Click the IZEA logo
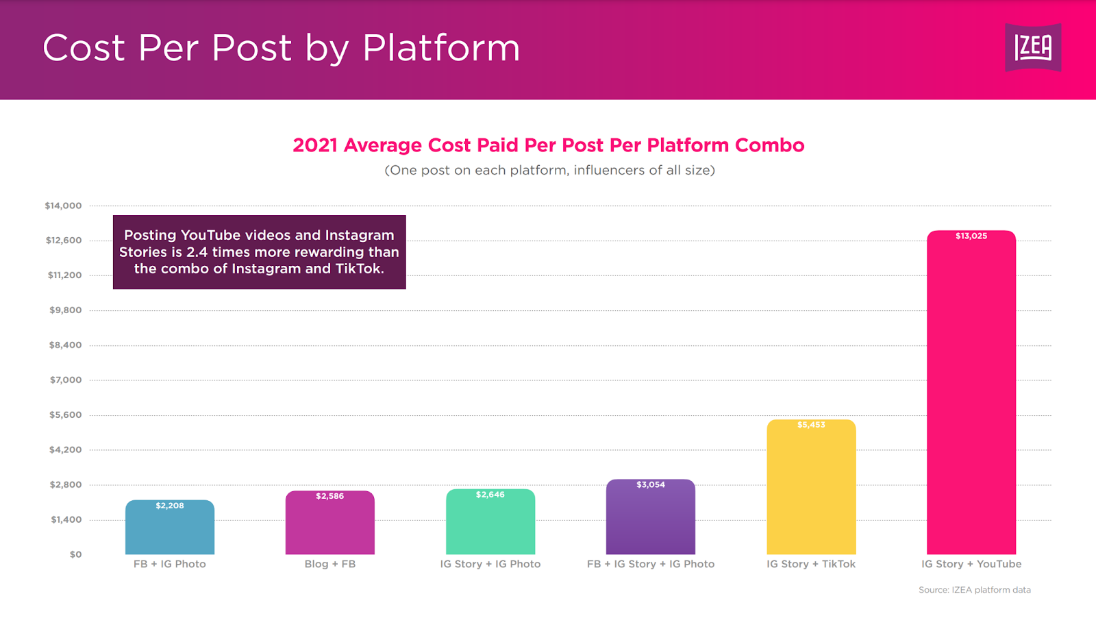click(x=1033, y=47)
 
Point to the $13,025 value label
click(x=971, y=236)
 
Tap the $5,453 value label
click(x=811, y=425)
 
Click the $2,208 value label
click(x=170, y=506)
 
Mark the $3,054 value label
click(x=651, y=484)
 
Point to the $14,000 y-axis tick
click(x=63, y=206)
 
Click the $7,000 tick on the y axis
click(x=65, y=380)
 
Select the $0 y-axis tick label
click(x=75, y=554)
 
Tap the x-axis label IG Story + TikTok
click(x=811, y=564)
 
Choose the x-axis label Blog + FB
click(x=330, y=564)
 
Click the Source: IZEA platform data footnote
click(x=974, y=590)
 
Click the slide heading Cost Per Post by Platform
click(x=281, y=48)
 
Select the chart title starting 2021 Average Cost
click(x=548, y=145)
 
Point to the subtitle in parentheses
click(x=549, y=170)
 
